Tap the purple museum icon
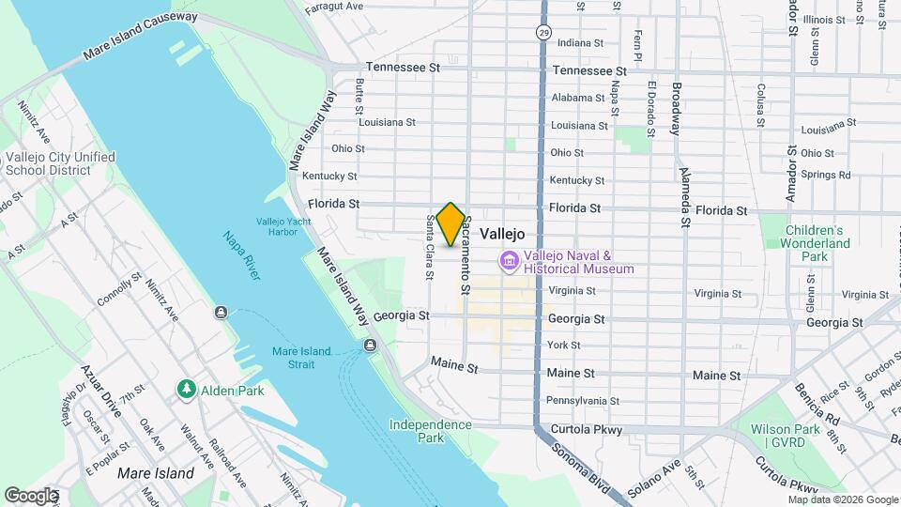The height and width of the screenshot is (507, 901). pos(510,261)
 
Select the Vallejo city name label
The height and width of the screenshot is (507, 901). pos(502,235)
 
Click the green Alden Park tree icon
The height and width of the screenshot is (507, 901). pos(186,390)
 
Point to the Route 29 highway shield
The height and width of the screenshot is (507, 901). pos(544,33)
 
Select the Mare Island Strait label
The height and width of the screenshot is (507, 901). pos(301,357)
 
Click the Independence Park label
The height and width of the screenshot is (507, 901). pos(431,431)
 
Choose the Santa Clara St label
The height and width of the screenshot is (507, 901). pos(429,248)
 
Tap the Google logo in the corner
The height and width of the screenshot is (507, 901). pos(31,496)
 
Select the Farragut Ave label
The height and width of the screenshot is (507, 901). pos(333,6)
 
